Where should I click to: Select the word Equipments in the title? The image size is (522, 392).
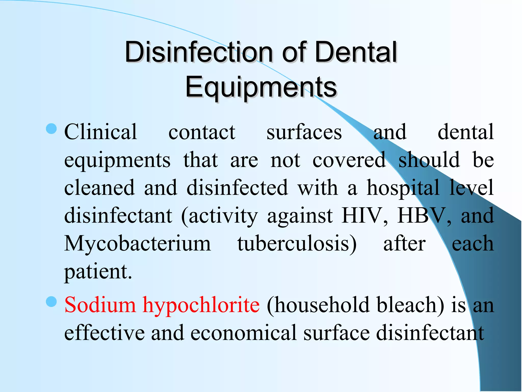(x=261, y=87)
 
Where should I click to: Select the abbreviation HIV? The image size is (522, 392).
(x=365, y=215)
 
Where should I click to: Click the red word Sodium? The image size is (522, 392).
(x=100, y=305)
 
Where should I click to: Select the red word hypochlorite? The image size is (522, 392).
(x=201, y=305)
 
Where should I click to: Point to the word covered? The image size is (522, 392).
(x=349, y=160)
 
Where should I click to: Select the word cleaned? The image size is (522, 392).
(x=99, y=187)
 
